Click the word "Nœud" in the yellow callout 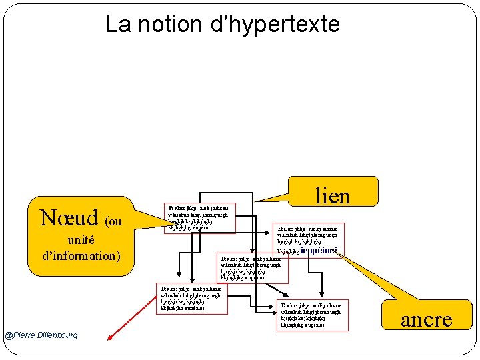(x=69, y=217)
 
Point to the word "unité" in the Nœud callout (x=81, y=239)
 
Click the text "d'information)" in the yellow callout (x=81, y=255)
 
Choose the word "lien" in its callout (x=332, y=195)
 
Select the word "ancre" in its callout (x=427, y=319)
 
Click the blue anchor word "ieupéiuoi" (x=319, y=251)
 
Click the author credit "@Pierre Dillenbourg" (x=41, y=335)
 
